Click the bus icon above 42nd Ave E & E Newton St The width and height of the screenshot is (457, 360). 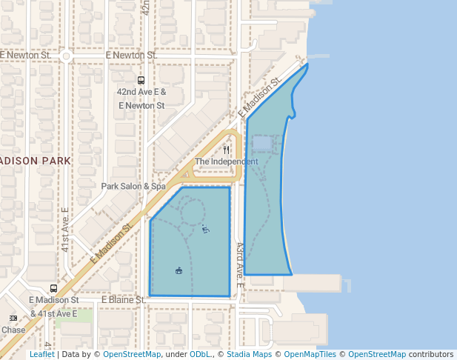[x=141, y=81]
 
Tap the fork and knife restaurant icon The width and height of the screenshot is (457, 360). [x=226, y=150]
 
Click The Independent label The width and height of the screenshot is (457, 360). [x=226, y=161]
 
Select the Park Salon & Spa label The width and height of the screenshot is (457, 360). [x=133, y=187]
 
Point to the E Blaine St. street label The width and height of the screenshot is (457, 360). [x=123, y=300]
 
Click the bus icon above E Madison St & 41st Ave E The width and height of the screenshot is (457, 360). [x=53, y=288]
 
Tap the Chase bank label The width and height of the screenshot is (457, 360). [x=13, y=330]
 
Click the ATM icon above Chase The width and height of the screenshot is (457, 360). [x=13, y=318]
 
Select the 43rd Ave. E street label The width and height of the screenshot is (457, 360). [x=239, y=264]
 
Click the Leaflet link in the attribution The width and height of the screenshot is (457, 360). [x=41, y=355]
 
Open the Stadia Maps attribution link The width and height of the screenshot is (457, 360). [x=251, y=355]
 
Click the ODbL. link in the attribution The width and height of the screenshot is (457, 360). [x=199, y=355]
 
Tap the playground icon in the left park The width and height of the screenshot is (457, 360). [x=205, y=230]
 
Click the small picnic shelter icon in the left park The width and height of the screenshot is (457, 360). [x=179, y=270]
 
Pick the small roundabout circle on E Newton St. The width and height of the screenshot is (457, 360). [x=66, y=56]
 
